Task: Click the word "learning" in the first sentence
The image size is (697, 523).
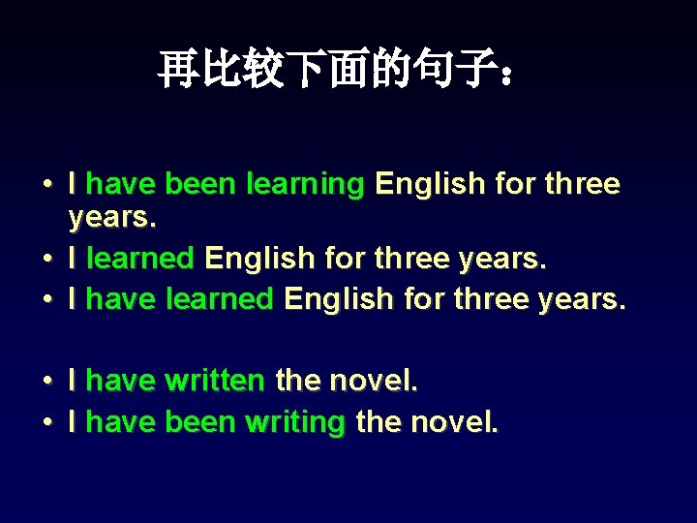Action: pyautogui.click(x=305, y=184)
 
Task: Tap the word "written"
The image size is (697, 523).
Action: pyautogui.click(x=214, y=381)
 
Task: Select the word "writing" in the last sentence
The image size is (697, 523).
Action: pyautogui.click(x=295, y=422)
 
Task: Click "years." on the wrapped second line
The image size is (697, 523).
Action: pyautogui.click(x=111, y=219)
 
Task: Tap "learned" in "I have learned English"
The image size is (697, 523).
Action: pyautogui.click(x=220, y=299)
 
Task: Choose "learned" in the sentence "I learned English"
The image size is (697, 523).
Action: pyautogui.click(x=140, y=259)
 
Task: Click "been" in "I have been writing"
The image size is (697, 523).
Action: pyautogui.click(x=200, y=421)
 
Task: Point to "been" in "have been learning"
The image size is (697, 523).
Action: pyautogui.click(x=200, y=183)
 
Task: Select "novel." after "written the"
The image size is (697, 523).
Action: pyautogui.click(x=373, y=381)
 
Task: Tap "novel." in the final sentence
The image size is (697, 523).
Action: pyautogui.click(x=454, y=421)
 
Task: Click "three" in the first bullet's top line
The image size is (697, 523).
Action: pyautogui.click(x=582, y=183)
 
